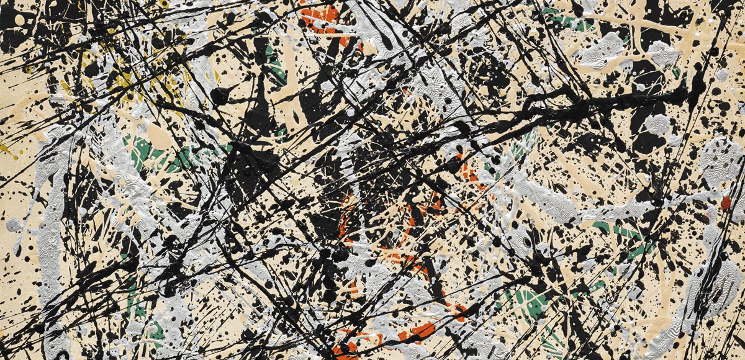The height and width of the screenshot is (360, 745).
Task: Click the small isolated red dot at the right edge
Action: [726, 202]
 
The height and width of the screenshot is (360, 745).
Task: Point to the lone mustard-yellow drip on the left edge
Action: [5, 150]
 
